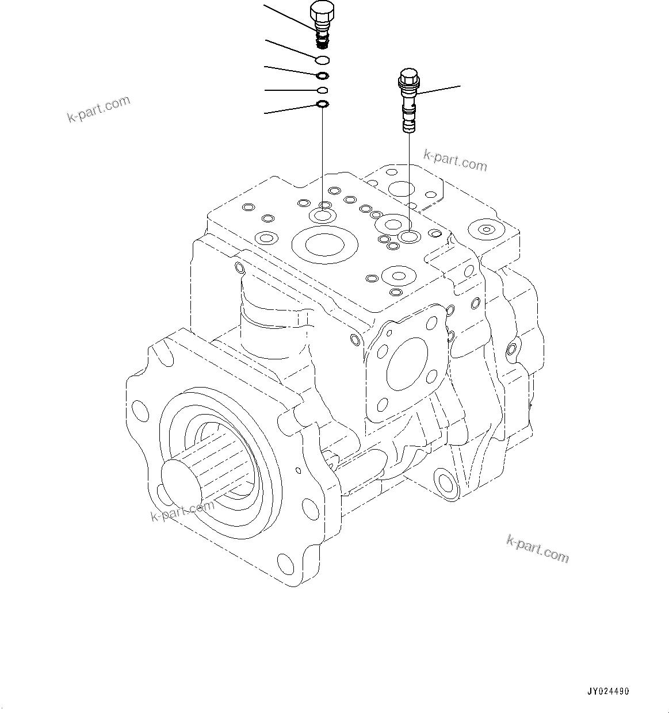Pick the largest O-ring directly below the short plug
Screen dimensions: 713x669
(322, 60)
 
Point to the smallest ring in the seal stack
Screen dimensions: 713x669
(323, 90)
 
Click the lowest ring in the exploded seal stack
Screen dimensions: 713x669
(323, 104)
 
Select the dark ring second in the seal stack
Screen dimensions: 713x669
(323, 75)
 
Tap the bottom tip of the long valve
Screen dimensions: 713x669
(409, 130)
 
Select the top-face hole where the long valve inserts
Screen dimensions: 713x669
(410, 236)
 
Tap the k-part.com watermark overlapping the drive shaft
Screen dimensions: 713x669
(181, 510)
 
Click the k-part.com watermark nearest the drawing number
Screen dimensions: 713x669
(537, 548)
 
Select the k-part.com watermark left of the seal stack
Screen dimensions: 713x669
(99, 109)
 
